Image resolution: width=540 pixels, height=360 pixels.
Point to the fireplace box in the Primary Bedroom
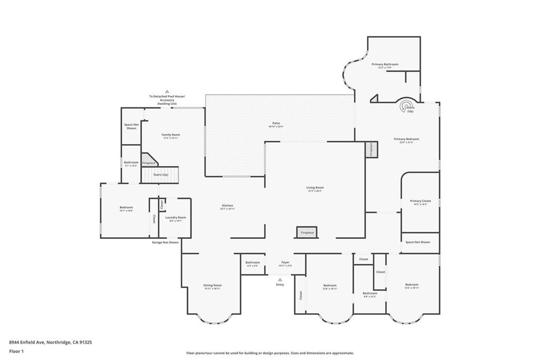click(371, 149)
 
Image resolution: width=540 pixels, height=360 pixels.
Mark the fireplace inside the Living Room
click(307, 232)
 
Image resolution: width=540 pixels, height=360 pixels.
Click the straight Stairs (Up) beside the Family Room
click(160, 174)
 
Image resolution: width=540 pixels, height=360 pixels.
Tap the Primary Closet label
click(420, 202)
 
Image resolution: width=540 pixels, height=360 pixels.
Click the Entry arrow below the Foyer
click(280, 280)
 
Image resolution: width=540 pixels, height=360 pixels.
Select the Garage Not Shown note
click(165, 242)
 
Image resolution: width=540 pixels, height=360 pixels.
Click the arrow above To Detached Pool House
click(168, 91)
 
